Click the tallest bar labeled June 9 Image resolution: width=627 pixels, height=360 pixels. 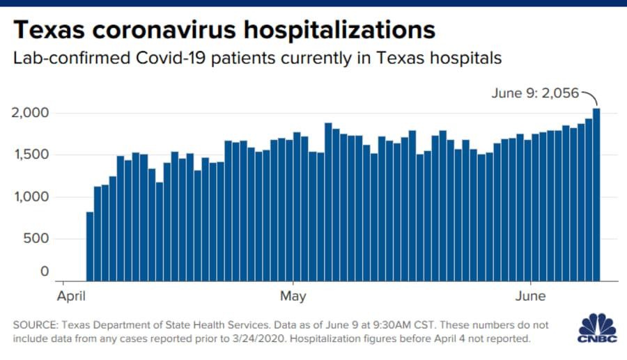click(596, 195)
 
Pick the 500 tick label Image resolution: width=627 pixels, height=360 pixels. click(38, 239)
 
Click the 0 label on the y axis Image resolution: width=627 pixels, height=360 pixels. click(45, 272)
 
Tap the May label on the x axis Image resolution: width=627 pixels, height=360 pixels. click(293, 297)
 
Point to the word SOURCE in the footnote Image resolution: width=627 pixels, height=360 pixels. click(35, 325)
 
